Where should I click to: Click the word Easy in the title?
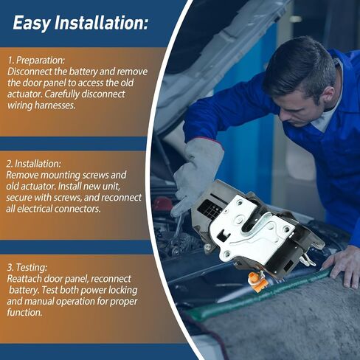click(x=32, y=24)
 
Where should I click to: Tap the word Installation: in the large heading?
click(x=101, y=23)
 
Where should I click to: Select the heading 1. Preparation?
click(x=36, y=60)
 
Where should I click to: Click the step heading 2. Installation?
click(x=33, y=164)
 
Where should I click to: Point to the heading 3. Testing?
click(x=27, y=267)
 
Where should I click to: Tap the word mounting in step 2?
click(x=60, y=176)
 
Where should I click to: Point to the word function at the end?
click(x=24, y=312)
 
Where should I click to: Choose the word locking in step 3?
click(x=123, y=290)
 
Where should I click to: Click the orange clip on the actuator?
click(x=257, y=282)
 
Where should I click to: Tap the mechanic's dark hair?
click(x=301, y=63)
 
